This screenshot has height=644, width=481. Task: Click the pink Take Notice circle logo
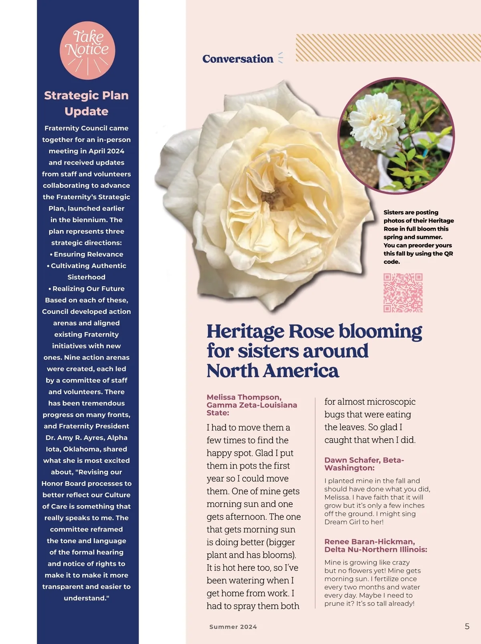pos(87,50)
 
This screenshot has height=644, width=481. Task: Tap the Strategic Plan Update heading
pos(86,103)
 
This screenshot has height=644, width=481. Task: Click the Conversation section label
pos(238,59)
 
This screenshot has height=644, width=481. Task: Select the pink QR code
pos(403,293)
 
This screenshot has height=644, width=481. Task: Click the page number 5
pos(467,626)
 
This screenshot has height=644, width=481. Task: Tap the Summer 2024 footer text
pos(233,627)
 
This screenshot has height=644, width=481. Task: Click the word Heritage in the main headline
pos(245,332)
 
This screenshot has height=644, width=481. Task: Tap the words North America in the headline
pos(273,371)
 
